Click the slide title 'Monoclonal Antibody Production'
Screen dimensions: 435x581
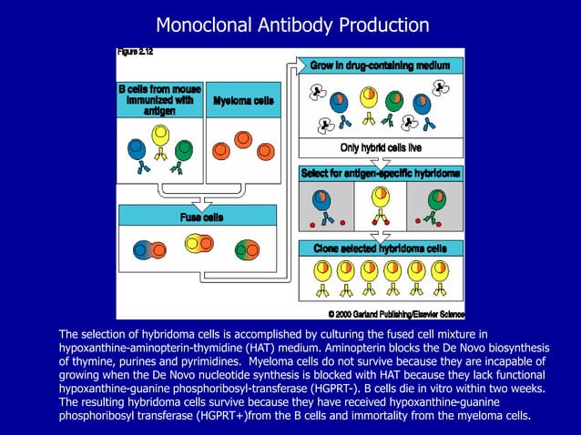291,24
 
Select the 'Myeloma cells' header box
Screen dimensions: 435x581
243,100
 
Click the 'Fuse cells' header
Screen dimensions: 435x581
200,217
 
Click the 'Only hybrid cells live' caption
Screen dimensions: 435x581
381,147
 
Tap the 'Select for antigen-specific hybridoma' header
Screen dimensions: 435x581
381,172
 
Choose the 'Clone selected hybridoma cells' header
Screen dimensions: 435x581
381,248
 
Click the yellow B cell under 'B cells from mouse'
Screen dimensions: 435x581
160,136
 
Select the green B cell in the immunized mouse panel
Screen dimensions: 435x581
183,148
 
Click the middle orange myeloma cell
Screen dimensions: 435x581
243,139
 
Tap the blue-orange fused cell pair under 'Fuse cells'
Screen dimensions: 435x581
149,248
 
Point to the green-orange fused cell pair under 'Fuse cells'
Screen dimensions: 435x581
248,249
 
